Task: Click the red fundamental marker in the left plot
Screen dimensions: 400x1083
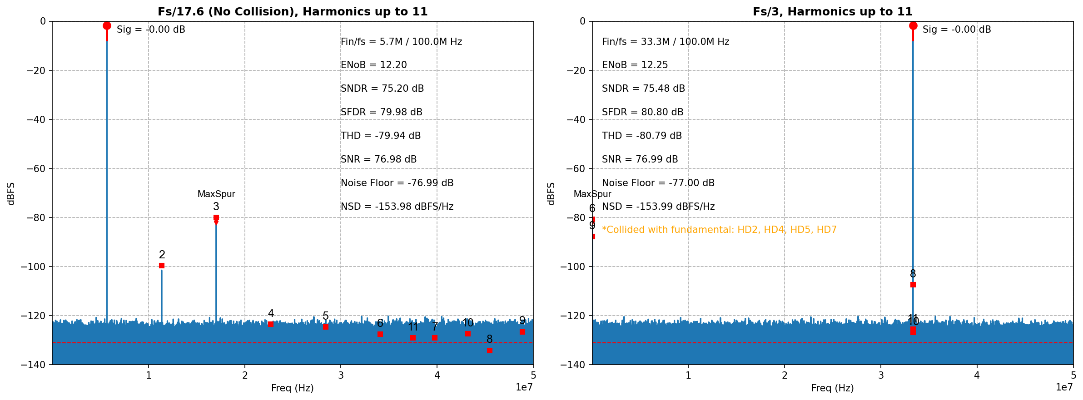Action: point(107,25)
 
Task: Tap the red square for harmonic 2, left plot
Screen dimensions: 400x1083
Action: point(162,266)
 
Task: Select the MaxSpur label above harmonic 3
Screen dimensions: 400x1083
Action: point(216,194)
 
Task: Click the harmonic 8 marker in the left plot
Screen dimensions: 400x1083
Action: point(489,350)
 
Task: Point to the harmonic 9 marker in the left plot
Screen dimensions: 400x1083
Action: point(522,332)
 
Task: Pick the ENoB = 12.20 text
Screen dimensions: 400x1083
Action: point(373,65)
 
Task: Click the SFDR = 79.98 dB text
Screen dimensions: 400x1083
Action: point(381,112)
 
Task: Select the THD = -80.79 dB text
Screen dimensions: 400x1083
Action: point(641,136)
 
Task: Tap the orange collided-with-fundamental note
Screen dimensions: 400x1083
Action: point(719,230)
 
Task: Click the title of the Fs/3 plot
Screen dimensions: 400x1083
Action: point(832,12)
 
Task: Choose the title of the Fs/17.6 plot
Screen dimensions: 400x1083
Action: point(293,12)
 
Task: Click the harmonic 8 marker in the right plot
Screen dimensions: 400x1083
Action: point(913,285)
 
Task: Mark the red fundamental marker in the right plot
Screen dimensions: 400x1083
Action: point(913,25)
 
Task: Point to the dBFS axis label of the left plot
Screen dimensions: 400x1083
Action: point(11,194)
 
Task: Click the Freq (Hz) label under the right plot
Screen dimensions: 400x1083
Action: point(832,388)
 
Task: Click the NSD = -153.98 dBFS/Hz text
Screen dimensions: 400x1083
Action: point(397,207)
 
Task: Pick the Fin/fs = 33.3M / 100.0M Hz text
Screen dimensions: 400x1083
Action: point(665,42)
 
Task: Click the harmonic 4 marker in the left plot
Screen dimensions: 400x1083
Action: point(271,324)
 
